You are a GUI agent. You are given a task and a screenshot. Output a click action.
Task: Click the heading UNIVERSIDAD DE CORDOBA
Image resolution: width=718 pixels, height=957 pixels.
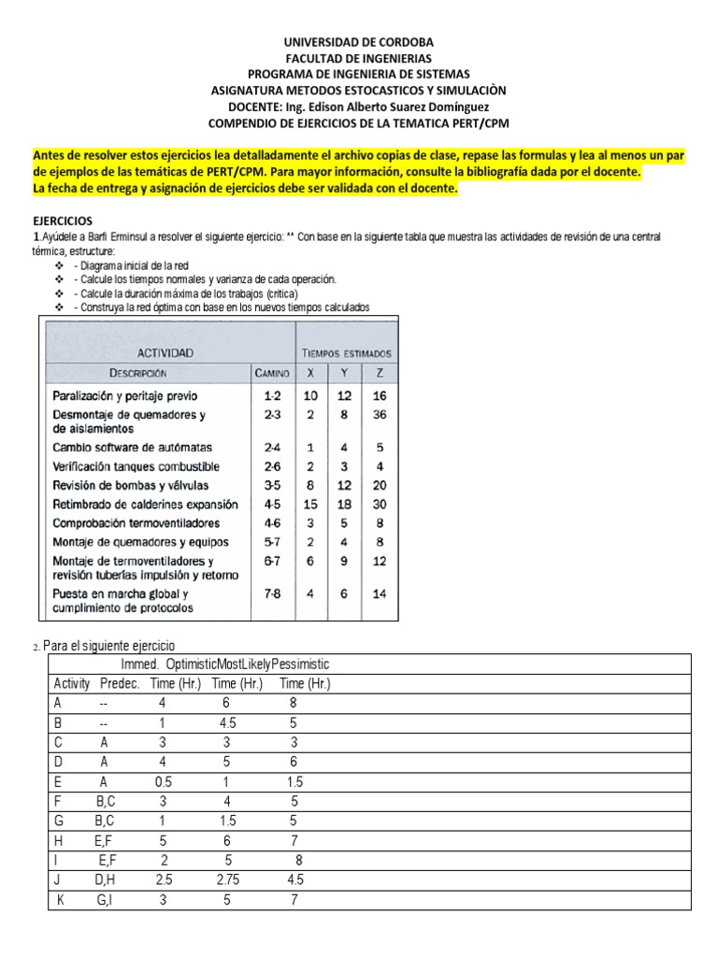[359, 42]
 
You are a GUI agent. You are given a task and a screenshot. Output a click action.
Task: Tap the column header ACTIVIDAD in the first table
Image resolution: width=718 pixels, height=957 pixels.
[165, 352]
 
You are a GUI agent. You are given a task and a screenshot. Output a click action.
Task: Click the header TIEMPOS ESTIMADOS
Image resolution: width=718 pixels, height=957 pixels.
[347, 353]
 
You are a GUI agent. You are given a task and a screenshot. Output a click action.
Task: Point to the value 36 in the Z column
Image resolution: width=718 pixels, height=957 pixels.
[379, 414]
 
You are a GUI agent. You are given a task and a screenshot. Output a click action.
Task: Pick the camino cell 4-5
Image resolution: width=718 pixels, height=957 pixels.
[272, 504]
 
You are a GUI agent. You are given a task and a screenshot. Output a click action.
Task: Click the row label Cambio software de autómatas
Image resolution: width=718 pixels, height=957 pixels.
[132, 448]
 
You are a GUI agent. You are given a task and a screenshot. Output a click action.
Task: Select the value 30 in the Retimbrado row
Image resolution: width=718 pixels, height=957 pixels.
[379, 504]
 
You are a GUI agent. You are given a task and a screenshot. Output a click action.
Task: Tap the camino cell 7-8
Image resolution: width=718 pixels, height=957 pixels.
[272, 593]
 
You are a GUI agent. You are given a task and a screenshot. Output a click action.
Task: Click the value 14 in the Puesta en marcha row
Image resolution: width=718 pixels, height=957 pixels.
[379, 593]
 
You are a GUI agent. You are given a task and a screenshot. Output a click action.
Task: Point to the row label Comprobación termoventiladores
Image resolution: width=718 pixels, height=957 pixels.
[136, 522]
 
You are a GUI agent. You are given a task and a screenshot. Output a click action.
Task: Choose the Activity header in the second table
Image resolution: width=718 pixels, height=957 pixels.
[70, 683]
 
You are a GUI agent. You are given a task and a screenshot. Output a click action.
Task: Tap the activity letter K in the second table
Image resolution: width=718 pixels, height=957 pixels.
[58, 899]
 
